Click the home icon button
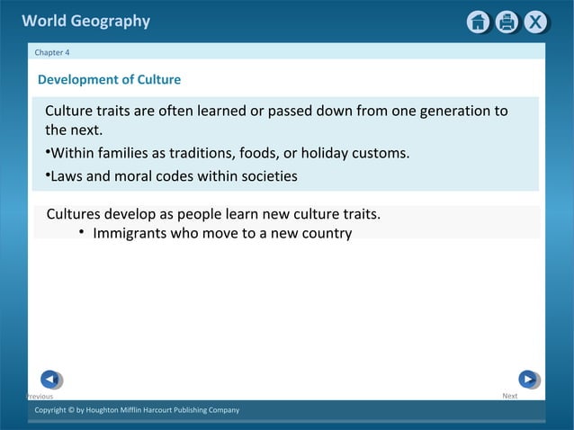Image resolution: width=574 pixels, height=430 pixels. point(478,22)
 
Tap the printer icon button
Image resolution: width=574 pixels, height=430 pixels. point(507,22)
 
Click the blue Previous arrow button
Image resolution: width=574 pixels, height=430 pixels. point(51,380)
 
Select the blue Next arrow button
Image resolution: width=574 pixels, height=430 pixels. point(528,380)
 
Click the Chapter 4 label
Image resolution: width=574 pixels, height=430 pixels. point(52,52)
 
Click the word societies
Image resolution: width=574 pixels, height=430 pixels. point(266,176)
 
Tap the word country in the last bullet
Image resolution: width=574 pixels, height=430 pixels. point(324,234)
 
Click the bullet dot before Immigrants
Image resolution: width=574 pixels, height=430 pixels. point(81,233)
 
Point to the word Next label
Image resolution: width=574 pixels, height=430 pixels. point(509,396)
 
